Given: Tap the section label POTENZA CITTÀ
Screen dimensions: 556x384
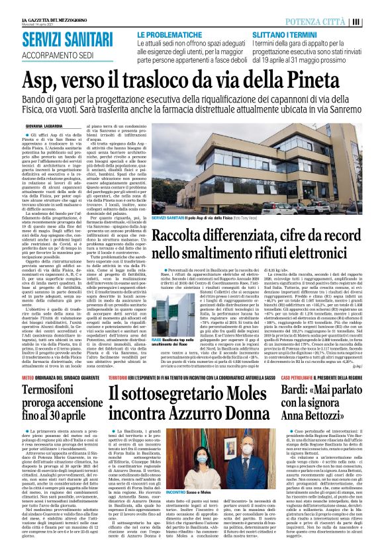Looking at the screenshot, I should point(340,21).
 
